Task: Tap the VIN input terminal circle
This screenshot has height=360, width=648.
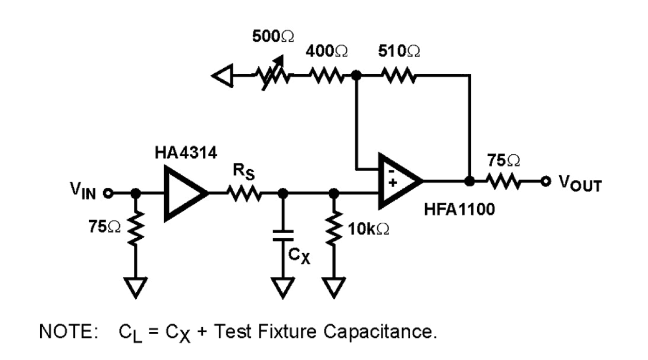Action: (x=108, y=193)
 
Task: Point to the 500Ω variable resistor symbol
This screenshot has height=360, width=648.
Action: (x=272, y=76)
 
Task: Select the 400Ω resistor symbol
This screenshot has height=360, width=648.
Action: (x=327, y=76)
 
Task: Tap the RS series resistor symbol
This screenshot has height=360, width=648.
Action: (x=246, y=193)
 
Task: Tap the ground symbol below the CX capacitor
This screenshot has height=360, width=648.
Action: (x=283, y=287)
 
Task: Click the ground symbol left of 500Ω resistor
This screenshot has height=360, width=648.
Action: (x=222, y=76)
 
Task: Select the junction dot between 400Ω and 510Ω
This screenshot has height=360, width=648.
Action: (x=355, y=76)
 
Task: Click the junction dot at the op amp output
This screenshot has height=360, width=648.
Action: (x=469, y=181)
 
